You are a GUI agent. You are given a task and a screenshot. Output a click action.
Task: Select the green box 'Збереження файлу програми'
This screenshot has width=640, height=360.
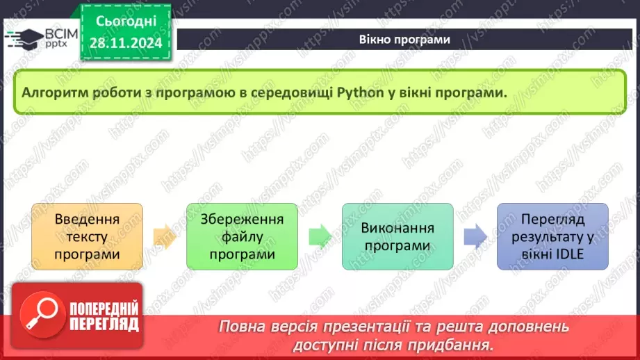(x=242, y=236)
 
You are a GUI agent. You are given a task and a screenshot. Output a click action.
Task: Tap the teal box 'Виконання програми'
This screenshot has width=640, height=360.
(x=397, y=236)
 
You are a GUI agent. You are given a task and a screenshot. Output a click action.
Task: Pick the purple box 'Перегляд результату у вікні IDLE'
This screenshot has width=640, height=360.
(x=552, y=236)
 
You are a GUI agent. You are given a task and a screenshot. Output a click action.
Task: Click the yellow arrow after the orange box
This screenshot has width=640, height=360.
(x=165, y=236)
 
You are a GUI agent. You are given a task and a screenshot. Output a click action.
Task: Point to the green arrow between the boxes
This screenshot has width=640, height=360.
(x=320, y=236)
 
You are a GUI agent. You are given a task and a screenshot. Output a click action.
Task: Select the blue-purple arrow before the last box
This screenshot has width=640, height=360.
(x=475, y=236)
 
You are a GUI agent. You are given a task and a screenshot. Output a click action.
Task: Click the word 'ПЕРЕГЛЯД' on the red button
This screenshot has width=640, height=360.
(x=105, y=323)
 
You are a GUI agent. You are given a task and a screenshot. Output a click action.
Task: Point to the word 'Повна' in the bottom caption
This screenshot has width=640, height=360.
(x=240, y=327)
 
